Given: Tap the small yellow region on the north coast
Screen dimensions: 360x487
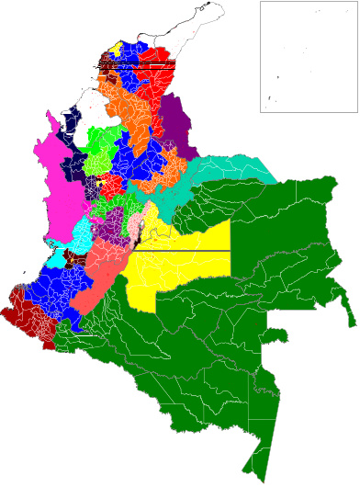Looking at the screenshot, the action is pyautogui.click(x=116, y=48).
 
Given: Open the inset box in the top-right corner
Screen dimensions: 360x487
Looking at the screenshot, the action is pyautogui.click(x=308, y=55).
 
